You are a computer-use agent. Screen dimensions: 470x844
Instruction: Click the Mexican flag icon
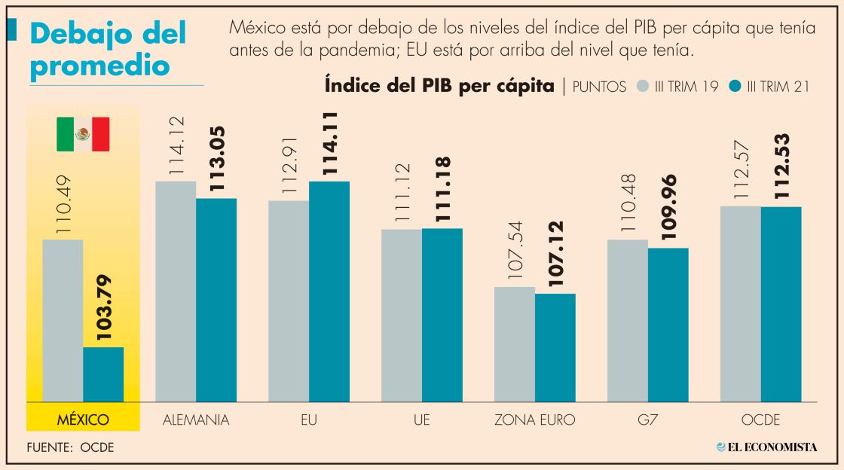pos(83,134)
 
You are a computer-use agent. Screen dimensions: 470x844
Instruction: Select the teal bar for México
pos(103,374)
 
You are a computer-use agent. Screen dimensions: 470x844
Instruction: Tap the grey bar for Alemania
pos(175,291)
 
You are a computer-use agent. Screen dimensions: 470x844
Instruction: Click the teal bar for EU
pos(329,291)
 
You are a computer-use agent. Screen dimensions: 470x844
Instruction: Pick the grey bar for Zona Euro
pos(515,344)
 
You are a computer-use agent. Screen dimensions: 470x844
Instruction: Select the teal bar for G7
pos(668,325)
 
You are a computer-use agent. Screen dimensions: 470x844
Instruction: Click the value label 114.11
pos(329,143)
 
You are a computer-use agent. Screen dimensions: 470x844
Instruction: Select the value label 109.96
pos(668,207)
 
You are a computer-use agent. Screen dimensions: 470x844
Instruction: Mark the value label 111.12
pos(402,193)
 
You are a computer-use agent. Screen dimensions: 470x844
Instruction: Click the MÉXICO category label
pos(83,420)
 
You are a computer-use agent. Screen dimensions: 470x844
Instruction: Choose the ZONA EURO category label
pos(534,420)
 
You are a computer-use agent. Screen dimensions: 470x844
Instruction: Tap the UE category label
pos(422,420)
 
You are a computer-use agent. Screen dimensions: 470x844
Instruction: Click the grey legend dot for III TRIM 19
pos(643,86)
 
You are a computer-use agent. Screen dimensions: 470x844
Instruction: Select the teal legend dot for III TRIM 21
pos(735,86)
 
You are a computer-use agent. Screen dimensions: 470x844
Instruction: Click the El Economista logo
pos(766,447)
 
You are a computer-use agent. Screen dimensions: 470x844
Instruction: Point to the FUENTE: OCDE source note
pos(70,447)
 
